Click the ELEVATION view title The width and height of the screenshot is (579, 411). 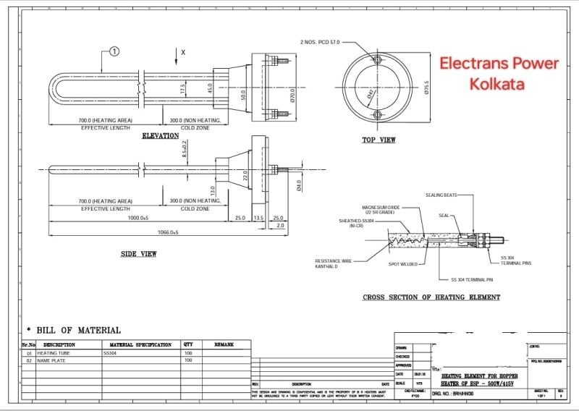(x=161, y=136)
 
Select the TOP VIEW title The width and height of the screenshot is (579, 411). (x=379, y=140)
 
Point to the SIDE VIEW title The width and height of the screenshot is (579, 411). (x=138, y=254)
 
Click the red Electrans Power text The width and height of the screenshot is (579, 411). (x=500, y=64)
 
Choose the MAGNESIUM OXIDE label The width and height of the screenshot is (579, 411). (x=381, y=208)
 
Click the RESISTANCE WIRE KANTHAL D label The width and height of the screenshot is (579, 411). (x=331, y=263)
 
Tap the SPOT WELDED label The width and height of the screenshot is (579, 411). (x=403, y=264)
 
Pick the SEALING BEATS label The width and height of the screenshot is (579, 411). (x=441, y=195)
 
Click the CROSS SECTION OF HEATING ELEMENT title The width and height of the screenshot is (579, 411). (x=431, y=297)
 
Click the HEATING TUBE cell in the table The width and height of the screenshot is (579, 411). (x=52, y=353)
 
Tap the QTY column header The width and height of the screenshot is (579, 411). (x=188, y=345)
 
